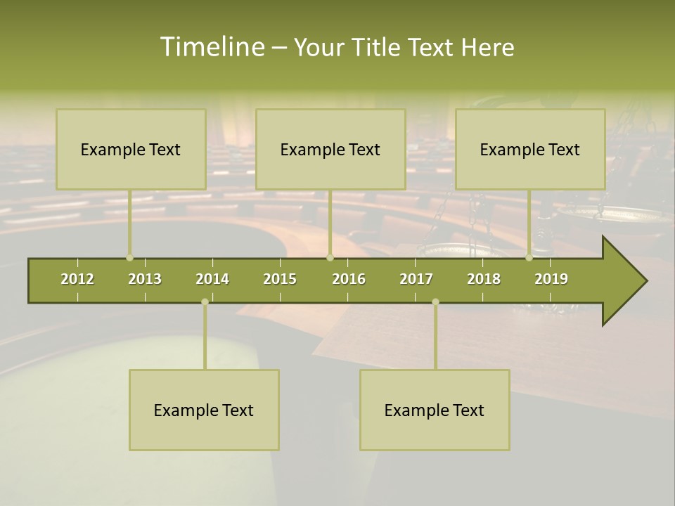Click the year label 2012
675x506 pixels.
77,279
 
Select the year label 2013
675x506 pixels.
145,279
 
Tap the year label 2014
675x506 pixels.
212,279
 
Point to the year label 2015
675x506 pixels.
280,279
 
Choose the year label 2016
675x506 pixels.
349,279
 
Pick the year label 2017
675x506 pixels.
416,279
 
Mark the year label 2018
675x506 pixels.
484,279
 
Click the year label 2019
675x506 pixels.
551,279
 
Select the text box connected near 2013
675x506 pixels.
131,149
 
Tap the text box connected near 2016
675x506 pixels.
330,149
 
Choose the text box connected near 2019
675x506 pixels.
530,149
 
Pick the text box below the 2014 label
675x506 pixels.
204,410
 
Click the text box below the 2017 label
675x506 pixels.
435,410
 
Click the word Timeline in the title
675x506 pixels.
212,47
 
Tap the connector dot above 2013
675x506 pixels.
129,258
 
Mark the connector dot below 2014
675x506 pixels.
205,301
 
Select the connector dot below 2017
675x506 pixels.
435,301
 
